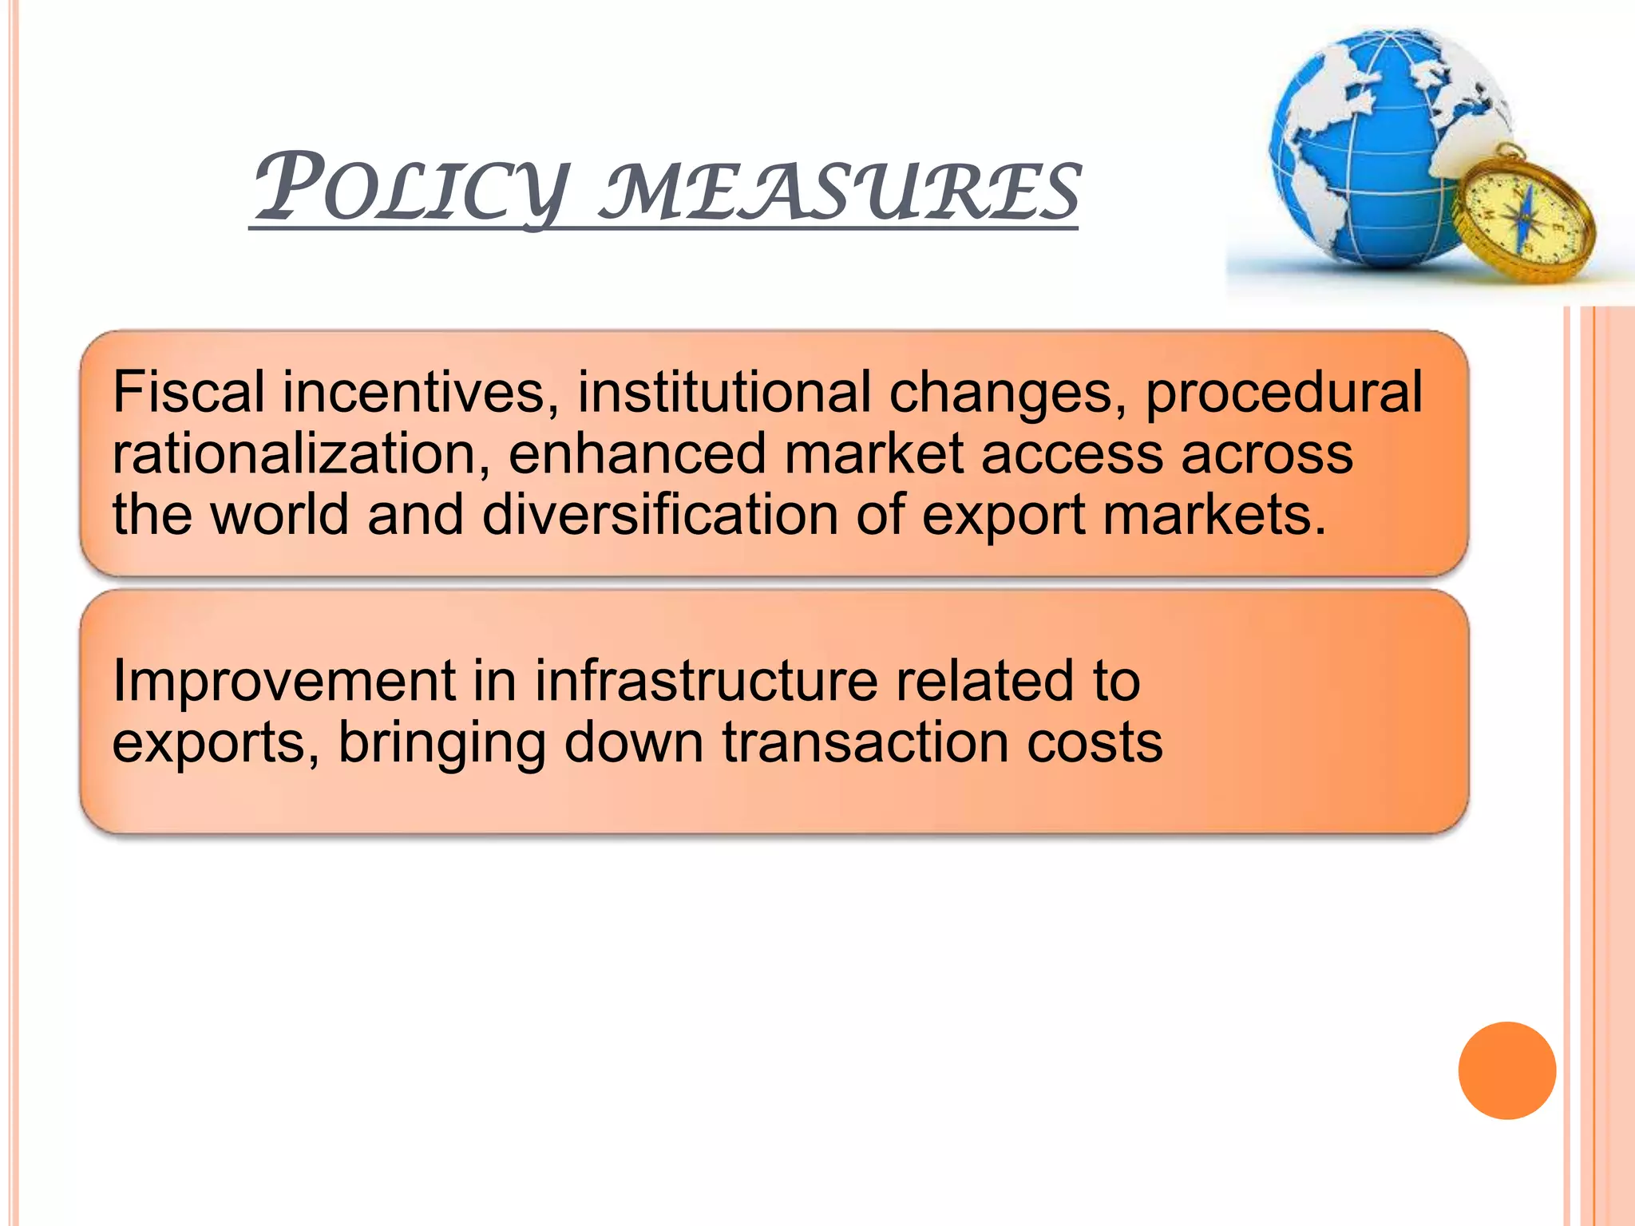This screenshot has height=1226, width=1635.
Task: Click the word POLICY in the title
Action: tap(412, 188)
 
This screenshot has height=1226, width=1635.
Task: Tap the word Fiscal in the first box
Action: tap(188, 392)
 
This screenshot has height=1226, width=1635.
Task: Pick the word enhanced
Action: tap(637, 453)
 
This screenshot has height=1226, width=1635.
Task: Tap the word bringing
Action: tap(441, 745)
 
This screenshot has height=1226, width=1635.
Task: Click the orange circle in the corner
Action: tap(1506, 1070)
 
